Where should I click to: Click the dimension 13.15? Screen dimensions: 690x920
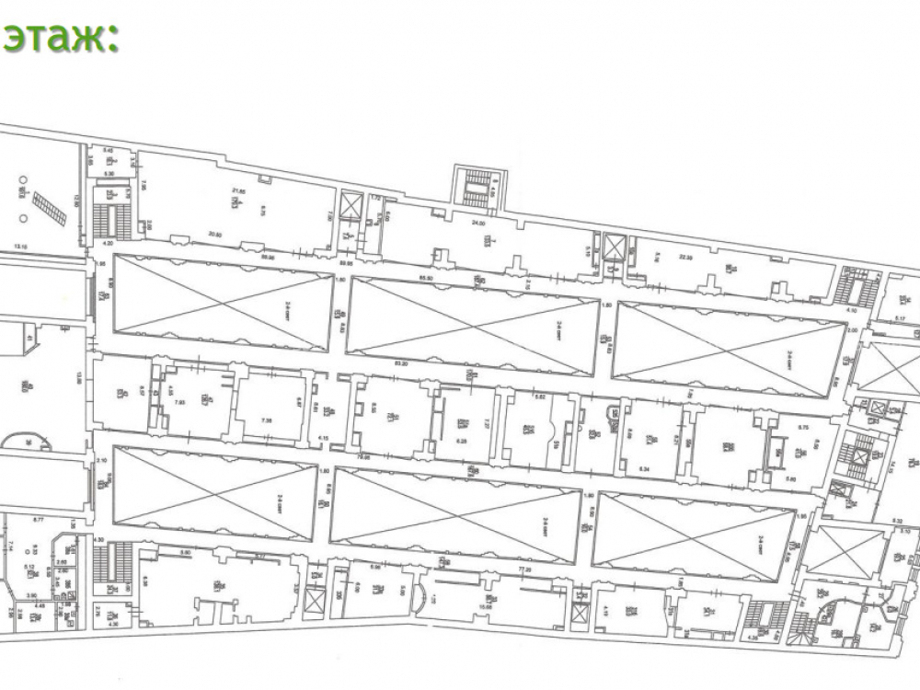click(x=29, y=247)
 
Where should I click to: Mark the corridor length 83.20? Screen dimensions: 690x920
click(x=401, y=364)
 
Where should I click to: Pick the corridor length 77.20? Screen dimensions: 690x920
click(x=526, y=569)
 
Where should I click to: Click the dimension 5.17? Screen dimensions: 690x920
click(x=902, y=319)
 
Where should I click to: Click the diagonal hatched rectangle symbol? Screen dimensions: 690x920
click(x=50, y=210)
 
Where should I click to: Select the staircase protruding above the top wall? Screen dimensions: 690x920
click(x=477, y=183)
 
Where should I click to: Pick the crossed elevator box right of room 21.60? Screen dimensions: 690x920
click(x=351, y=206)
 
